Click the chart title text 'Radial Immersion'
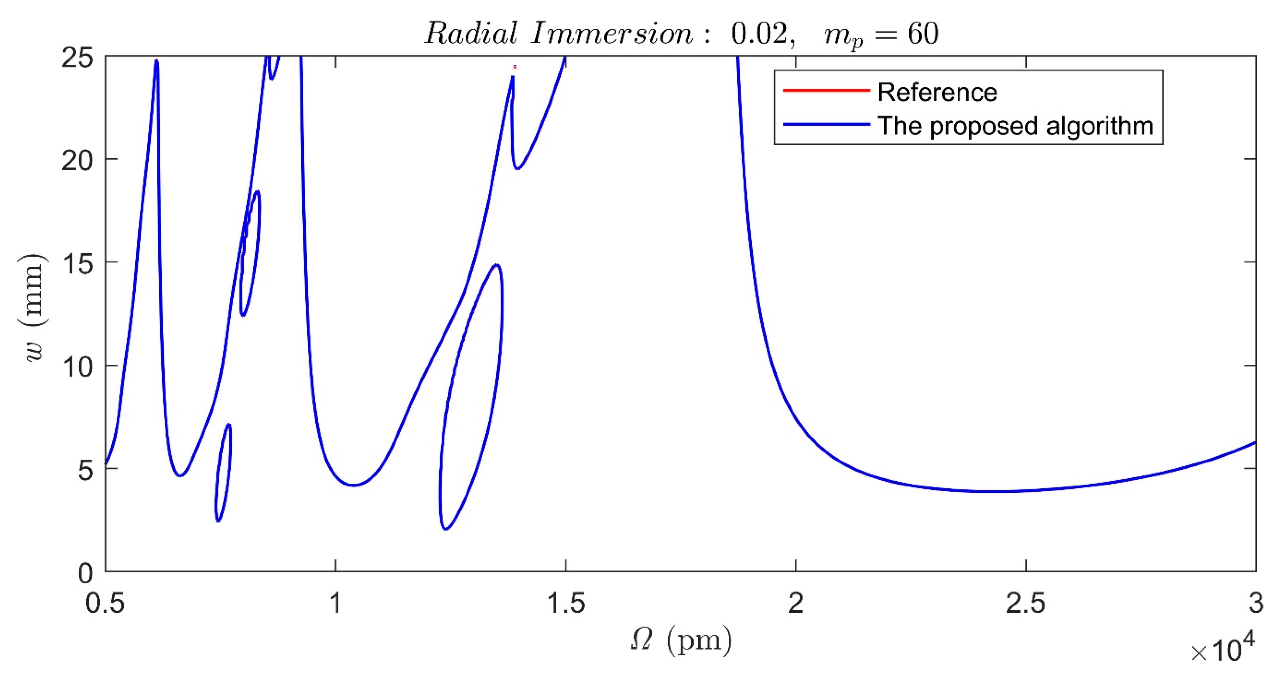coord(559,34)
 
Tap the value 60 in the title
coord(923,34)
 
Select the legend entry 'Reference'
coord(937,92)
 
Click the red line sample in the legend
coord(826,90)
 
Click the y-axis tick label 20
coord(77,161)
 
